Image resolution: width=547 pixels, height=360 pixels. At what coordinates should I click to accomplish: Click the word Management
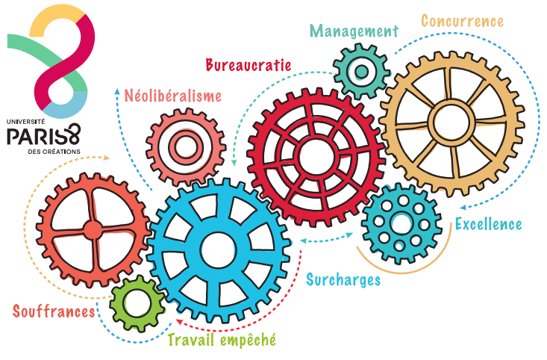(354, 31)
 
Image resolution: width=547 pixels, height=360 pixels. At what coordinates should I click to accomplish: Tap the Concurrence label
(462, 21)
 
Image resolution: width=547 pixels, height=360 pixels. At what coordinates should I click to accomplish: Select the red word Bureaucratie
(249, 65)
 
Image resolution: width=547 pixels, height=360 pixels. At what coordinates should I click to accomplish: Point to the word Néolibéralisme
(173, 96)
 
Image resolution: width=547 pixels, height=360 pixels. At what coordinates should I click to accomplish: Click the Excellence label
(488, 224)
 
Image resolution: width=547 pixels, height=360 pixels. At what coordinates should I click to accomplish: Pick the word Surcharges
(343, 279)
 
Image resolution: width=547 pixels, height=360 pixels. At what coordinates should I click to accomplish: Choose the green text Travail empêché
(222, 339)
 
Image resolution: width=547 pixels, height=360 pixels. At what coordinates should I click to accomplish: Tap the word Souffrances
(54, 311)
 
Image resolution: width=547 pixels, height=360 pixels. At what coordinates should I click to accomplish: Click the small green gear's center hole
(137, 304)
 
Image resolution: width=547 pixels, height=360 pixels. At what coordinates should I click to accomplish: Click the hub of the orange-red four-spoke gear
(93, 230)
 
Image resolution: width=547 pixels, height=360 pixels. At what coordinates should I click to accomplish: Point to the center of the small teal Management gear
(362, 72)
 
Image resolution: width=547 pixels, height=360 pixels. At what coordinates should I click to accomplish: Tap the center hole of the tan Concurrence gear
(451, 123)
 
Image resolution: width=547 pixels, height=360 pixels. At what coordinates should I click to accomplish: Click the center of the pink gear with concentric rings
(186, 147)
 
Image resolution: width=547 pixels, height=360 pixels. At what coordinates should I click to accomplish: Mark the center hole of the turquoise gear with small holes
(401, 224)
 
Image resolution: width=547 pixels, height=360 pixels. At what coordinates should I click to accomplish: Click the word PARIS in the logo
(34, 136)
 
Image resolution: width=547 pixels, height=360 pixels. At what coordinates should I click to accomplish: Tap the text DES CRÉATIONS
(54, 152)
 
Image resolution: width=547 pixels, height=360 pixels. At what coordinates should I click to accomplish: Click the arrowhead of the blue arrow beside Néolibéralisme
(117, 91)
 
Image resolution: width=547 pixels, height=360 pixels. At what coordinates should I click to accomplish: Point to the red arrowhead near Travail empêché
(179, 321)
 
